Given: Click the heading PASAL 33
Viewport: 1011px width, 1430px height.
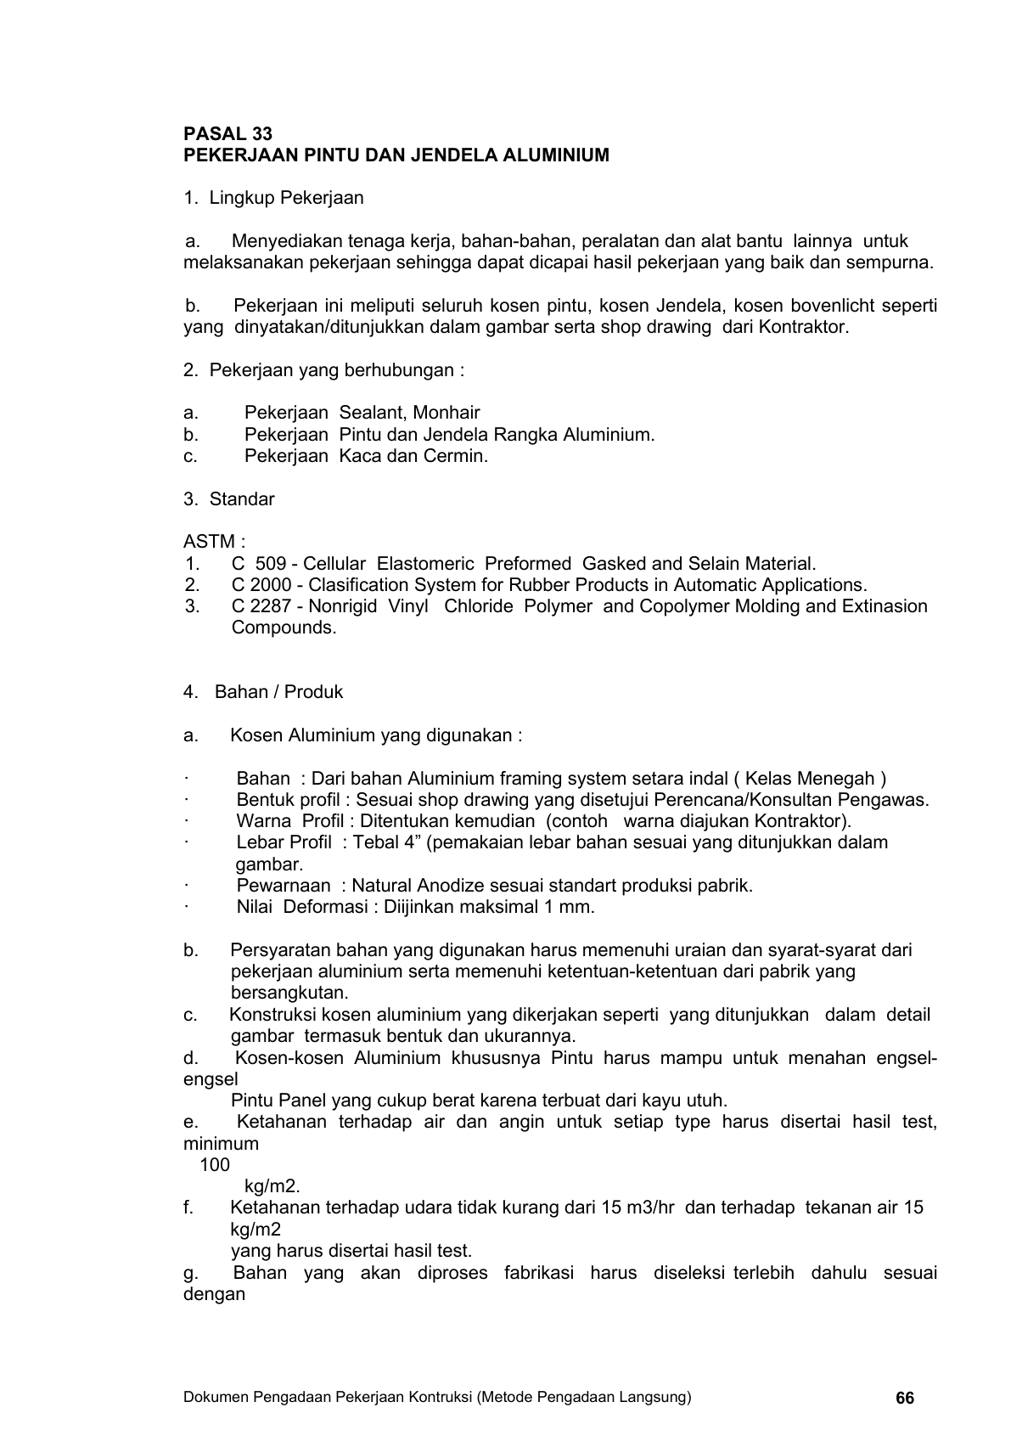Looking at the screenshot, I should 227,134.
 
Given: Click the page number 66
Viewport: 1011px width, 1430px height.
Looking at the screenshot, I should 905,1399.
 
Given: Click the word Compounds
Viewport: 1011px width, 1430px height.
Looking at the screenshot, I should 284,628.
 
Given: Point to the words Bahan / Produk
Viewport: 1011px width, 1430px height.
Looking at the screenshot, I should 278,692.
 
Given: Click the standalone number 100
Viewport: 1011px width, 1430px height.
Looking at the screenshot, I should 215,1165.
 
